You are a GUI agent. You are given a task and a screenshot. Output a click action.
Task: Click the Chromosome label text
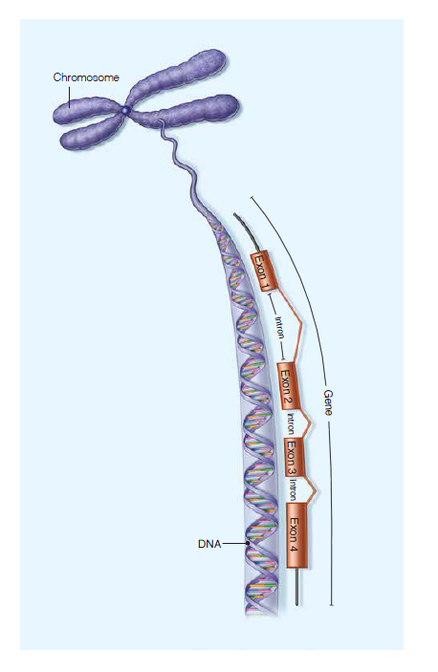[86, 77]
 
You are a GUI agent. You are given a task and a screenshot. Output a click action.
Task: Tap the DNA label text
[209, 544]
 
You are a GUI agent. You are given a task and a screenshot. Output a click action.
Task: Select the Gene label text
[328, 402]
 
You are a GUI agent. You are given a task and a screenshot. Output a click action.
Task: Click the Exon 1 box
[264, 271]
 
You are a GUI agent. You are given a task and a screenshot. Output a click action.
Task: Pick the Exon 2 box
[288, 386]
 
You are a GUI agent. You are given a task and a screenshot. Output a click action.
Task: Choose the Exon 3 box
[295, 456]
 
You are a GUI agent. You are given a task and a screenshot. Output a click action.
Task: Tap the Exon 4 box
[296, 535]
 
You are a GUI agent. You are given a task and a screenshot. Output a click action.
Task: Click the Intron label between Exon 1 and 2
[279, 327]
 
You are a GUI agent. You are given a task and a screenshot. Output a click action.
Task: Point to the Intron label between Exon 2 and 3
[291, 423]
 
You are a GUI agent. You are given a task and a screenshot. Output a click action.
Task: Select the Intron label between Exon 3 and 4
[293, 489]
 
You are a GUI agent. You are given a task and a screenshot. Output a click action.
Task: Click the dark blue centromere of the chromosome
[125, 110]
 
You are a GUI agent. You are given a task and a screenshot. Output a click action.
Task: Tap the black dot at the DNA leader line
[248, 544]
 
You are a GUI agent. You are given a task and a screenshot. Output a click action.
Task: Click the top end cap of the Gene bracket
[252, 198]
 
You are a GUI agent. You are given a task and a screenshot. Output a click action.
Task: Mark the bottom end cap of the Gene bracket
[331, 605]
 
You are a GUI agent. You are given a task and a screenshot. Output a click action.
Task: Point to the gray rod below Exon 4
[297, 587]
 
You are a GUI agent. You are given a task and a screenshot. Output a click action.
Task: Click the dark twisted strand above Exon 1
[245, 231]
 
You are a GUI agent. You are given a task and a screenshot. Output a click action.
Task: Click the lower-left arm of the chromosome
[91, 135]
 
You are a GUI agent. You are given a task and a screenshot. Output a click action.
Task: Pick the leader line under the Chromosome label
[70, 98]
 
